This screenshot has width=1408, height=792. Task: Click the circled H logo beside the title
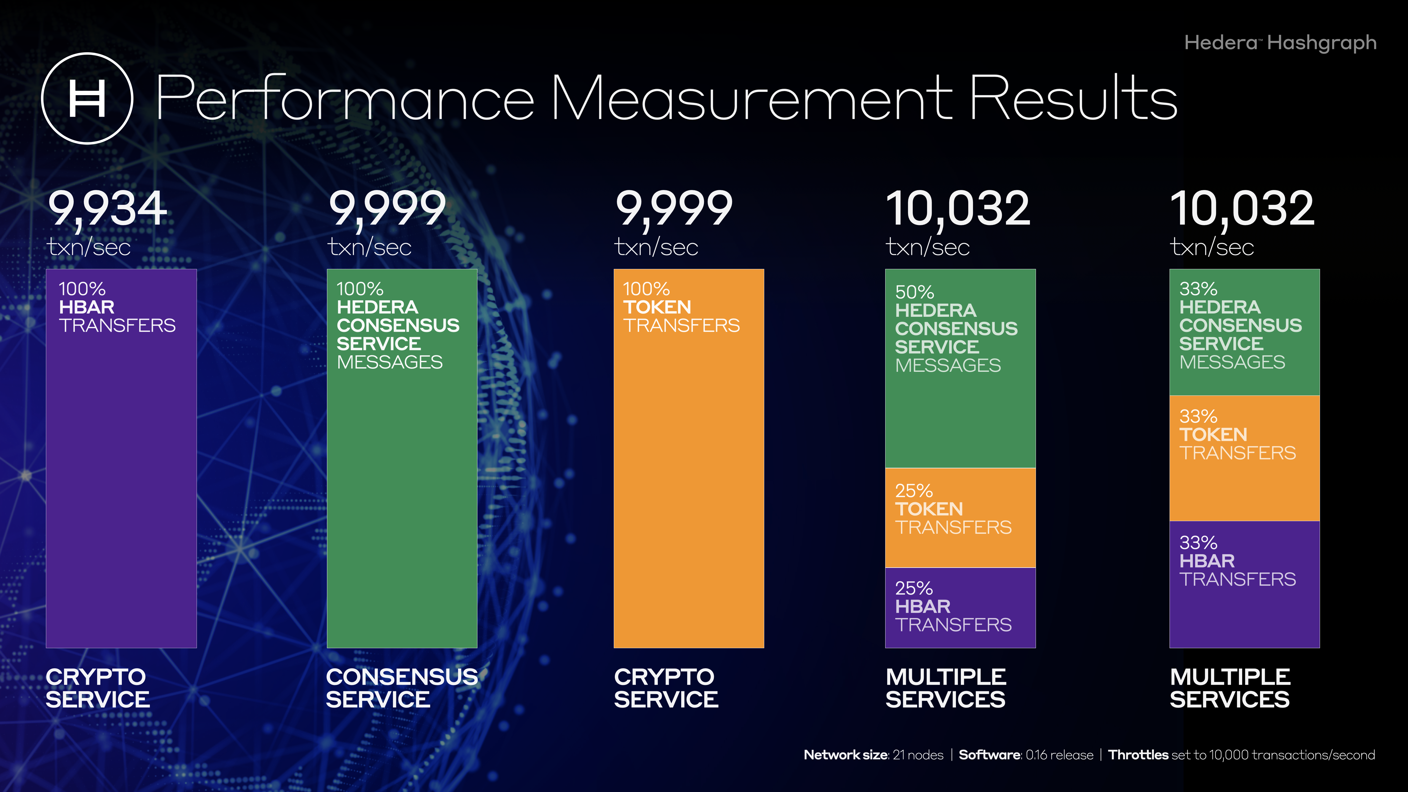click(87, 98)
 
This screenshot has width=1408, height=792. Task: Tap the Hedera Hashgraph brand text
click(1280, 43)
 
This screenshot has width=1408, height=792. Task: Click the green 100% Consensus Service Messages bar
click(402, 492)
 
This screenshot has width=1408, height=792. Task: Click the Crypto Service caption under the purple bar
click(97, 688)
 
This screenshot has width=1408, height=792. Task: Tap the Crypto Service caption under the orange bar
click(666, 688)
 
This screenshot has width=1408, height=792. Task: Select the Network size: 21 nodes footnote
click(873, 755)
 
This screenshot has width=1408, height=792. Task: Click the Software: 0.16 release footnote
click(1026, 755)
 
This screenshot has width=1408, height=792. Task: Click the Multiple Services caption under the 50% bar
click(946, 688)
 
